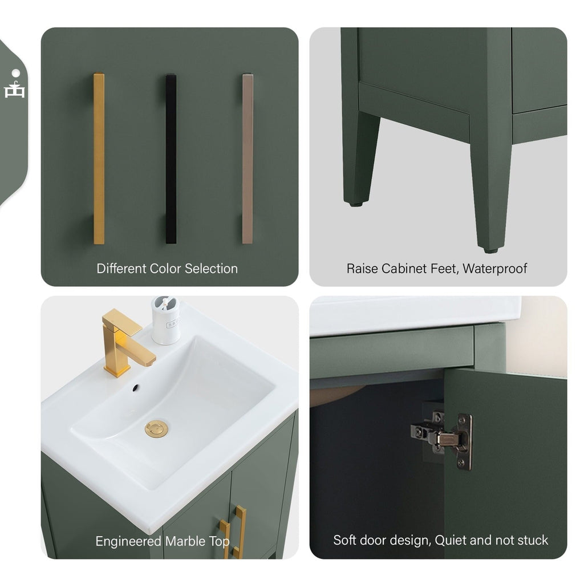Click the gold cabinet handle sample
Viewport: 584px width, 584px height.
(x=99, y=159)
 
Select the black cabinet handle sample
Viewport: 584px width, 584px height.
(x=171, y=159)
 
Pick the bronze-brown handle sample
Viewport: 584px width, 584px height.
(x=247, y=159)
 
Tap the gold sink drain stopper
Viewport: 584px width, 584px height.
(x=156, y=428)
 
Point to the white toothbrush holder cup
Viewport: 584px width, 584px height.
(x=165, y=322)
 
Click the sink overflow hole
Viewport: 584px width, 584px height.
(x=136, y=388)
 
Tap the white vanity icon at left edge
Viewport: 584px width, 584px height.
(x=15, y=86)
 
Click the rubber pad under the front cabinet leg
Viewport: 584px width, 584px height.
(x=490, y=249)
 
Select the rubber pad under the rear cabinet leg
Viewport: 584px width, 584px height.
(x=355, y=203)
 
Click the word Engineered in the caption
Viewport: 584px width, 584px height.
(x=128, y=541)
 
